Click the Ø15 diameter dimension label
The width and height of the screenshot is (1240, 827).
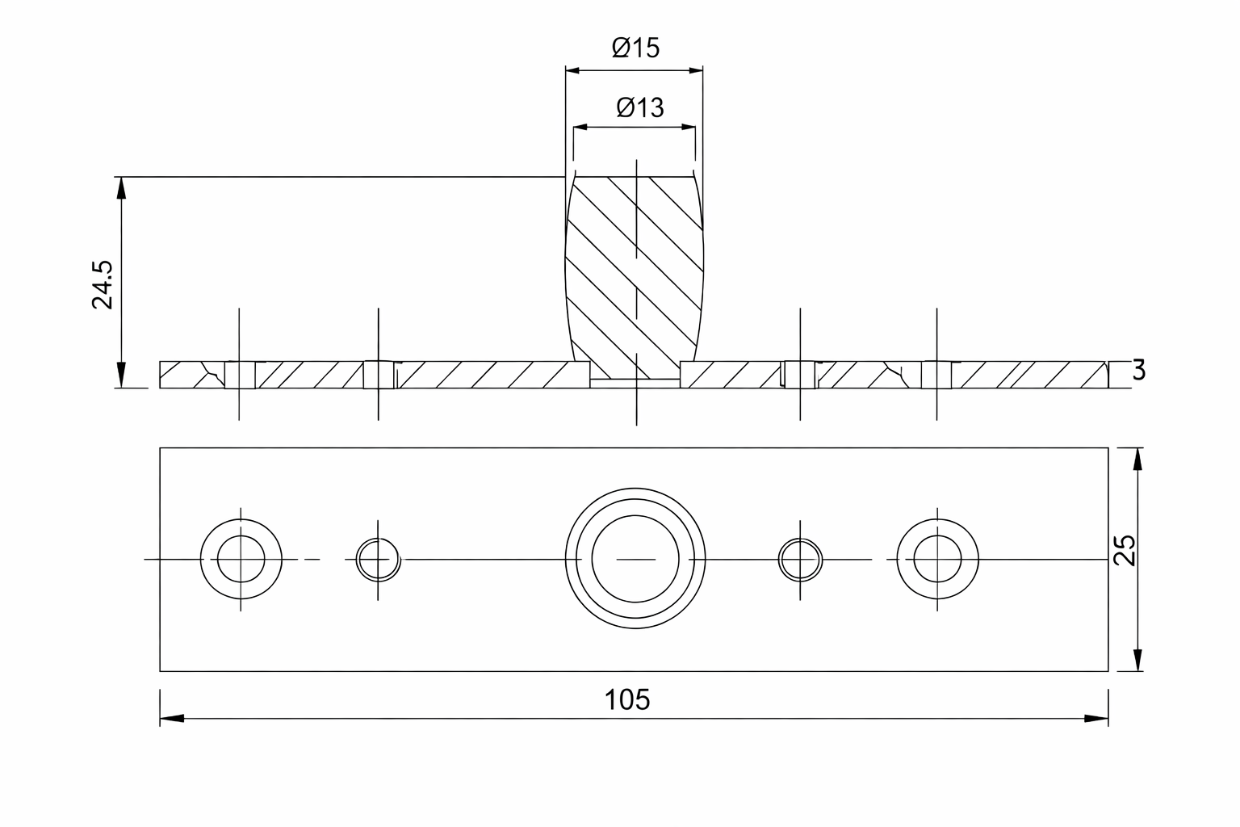coord(635,48)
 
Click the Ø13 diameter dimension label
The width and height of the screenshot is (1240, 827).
coord(639,107)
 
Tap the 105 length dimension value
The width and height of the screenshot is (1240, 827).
coord(627,699)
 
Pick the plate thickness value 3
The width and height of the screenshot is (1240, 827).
coord(1138,371)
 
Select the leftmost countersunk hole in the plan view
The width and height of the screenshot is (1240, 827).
coord(241,559)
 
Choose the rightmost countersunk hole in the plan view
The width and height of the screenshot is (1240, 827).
coord(937,559)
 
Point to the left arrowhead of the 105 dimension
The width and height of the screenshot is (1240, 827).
coord(171,718)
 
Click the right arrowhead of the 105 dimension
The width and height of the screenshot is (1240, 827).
coord(1096,718)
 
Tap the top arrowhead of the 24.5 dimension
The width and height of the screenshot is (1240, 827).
coord(121,188)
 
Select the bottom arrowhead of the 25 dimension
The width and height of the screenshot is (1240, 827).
coord(1137,659)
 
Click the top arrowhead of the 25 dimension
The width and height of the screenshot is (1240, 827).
coord(1137,460)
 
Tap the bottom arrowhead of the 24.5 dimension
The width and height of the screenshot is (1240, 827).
coord(121,376)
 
